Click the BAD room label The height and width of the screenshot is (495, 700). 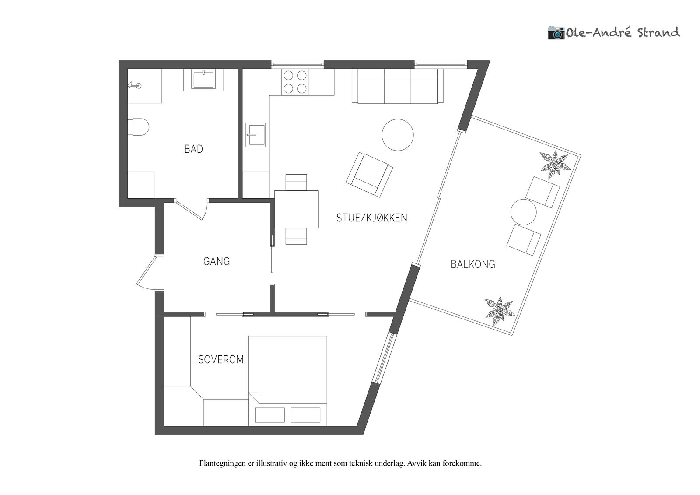pyautogui.click(x=194, y=149)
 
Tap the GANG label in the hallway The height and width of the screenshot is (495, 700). pyautogui.click(x=217, y=261)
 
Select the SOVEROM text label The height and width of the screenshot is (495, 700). pyautogui.click(x=221, y=360)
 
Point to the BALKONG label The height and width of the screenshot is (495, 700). pyautogui.click(x=473, y=264)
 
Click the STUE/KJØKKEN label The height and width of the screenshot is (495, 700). pyautogui.click(x=372, y=218)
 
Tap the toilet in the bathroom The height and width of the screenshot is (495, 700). pyautogui.click(x=138, y=126)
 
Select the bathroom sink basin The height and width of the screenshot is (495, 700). pyautogui.click(x=203, y=80)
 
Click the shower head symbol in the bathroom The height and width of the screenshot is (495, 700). pyautogui.click(x=135, y=85)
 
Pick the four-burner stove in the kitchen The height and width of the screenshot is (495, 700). pyautogui.click(x=295, y=82)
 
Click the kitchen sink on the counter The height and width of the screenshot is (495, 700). pyautogui.click(x=255, y=134)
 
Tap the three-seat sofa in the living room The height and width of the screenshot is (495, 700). pyautogui.click(x=398, y=86)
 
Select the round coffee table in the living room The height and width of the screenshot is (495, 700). pyautogui.click(x=398, y=135)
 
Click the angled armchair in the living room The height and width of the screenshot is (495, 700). pyautogui.click(x=369, y=175)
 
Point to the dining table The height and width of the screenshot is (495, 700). pyautogui.click(x=296, y=209)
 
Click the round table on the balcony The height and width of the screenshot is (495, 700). pyautogui.click(x=523, y=212)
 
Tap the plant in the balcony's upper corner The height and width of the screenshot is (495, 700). pyautogui.click(x=555, y=165)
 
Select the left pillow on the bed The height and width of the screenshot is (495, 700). pyautogui.click(x=269, y=415)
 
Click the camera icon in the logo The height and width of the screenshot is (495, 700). pyautogui.click(x=556, y=32)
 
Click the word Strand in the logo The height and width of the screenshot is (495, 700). pyautogui.click(x=658, y=33)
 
